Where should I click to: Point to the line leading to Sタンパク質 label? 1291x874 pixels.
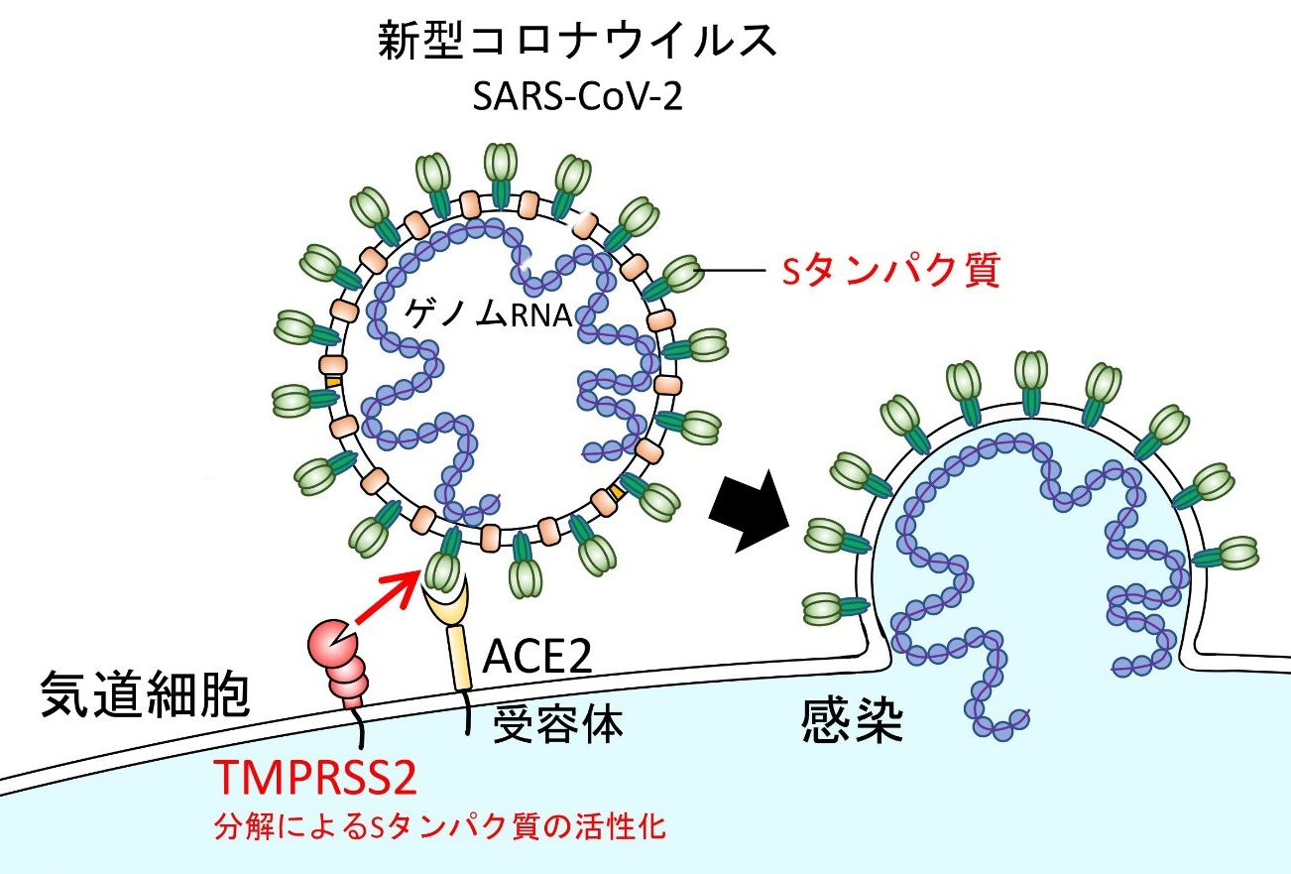pos(732,270)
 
